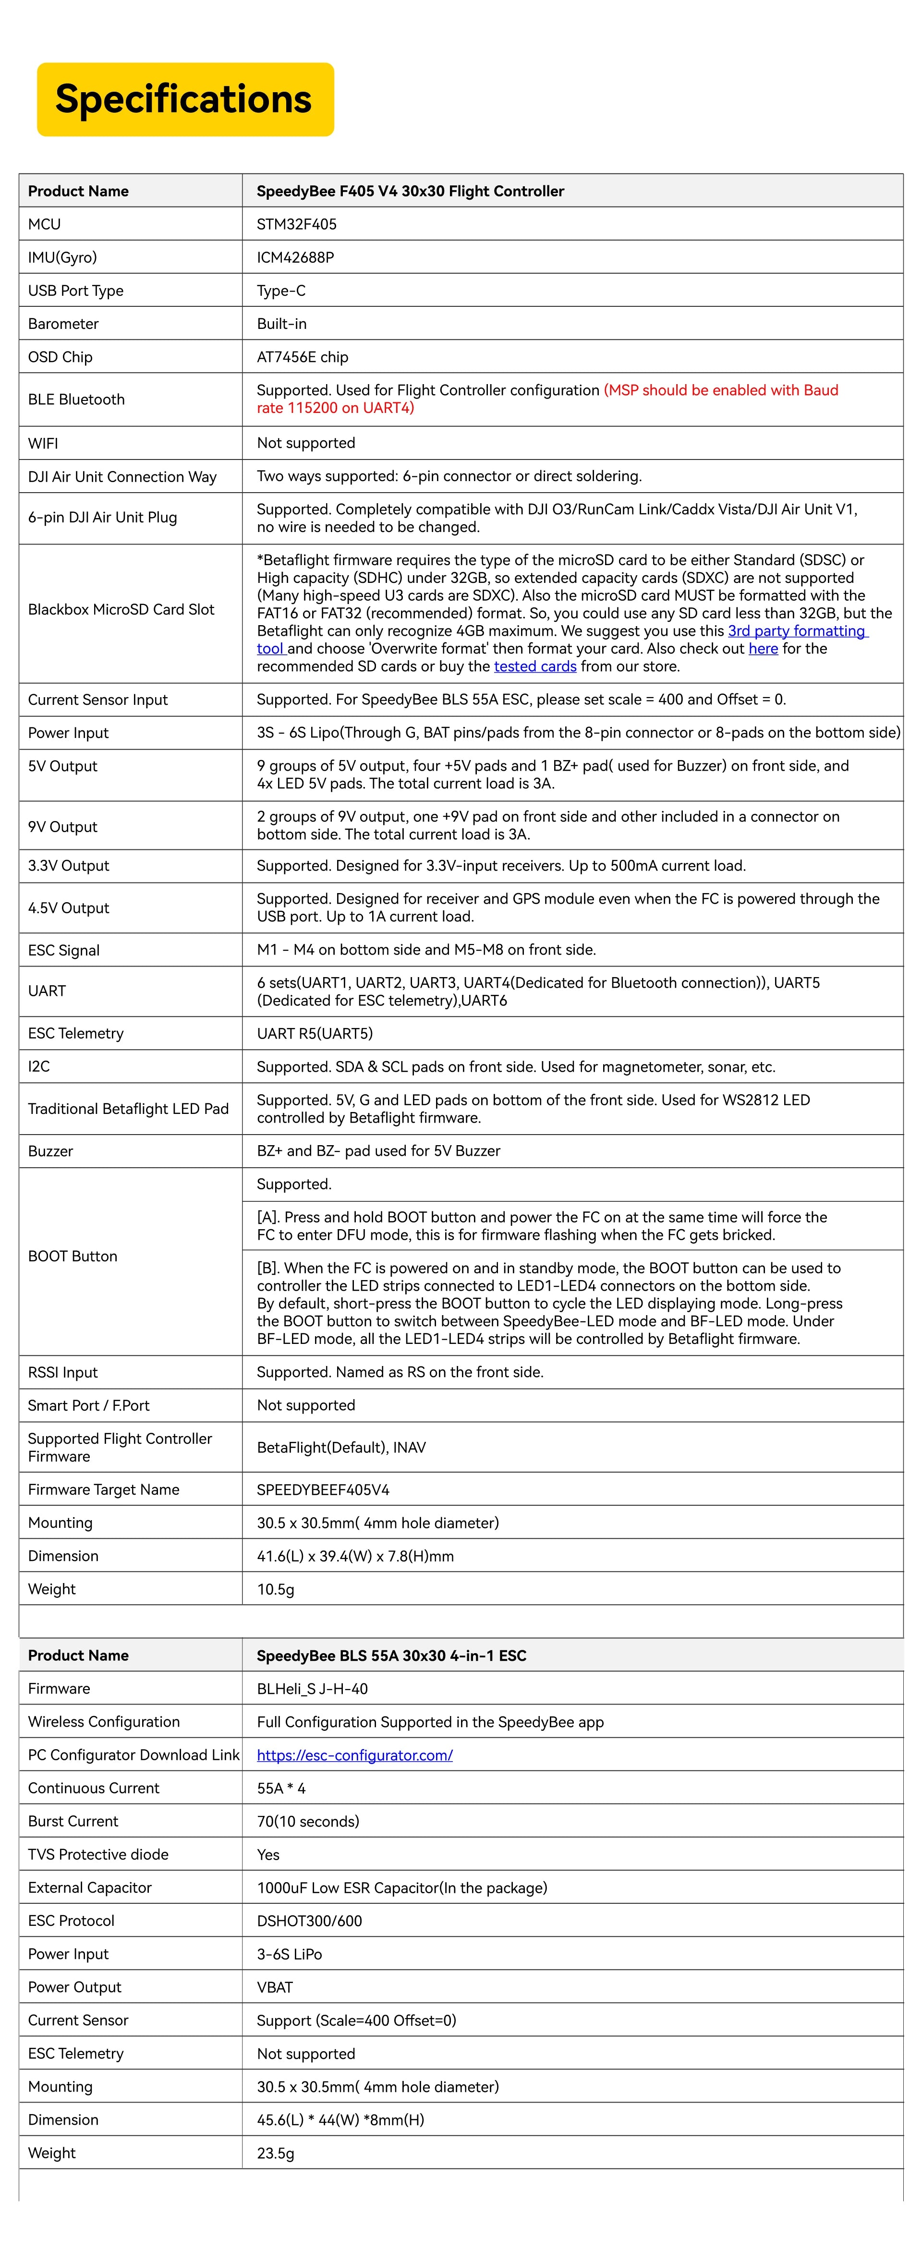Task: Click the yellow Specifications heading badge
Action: [184, 99]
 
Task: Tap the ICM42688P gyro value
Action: [295, 258]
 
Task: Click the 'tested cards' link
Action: [535, 666]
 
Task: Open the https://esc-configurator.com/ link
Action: [355, 1755]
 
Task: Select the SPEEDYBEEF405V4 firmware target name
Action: [323, 1489]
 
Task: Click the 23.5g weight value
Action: [276, 2153]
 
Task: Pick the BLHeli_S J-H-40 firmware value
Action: [312, 1689]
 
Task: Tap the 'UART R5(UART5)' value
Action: [315, 1034]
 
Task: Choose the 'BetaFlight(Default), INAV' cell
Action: [340, 1447]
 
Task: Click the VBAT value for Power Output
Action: [275, 1987]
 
